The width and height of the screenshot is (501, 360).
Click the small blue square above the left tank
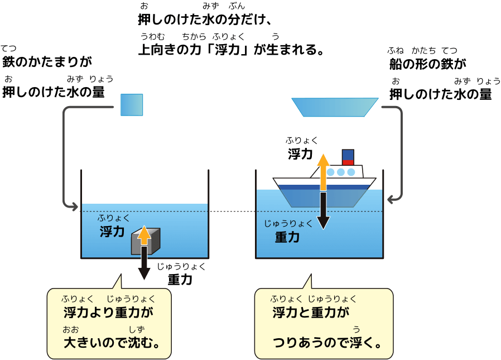pyautogui.click(x=132, y=104)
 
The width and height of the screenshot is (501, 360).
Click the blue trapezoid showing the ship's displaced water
pyautogui.click(x=335, y=107)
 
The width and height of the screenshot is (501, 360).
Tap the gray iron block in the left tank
pyautogui.click(x=146, y=241)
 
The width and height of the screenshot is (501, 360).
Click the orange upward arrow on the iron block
pyautogui.click(x=144, y=236)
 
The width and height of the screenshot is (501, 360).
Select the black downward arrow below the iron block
pyautogui.click(x=144, y=263)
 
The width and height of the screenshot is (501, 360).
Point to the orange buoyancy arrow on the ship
pyautogui.click(x=324, y=172)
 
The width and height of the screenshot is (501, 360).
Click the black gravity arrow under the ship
pyautogui.click(x=324, y=210)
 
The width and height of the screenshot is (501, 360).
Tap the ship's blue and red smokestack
pyautogui.click(x=348, y=157)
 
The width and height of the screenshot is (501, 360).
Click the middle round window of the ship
pyautogui.click(x=341, y=172)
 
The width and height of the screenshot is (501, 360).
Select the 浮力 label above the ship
pyautogui.click(x=300, y=154)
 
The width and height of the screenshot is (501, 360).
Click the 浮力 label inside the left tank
pyautogui.click(x=112, y=231)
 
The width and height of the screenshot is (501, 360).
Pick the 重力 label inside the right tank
pyautogui.click(x=287, y=237)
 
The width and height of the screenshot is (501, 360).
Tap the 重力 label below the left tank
pyautogui.click(x=180, y=280)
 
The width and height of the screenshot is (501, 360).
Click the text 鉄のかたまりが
pyautogui.click(x=47, y=61)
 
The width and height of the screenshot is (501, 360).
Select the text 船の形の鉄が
pyautogui.click(x=428, y=64)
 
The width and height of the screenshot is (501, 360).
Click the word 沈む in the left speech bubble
pyautogui.click(x=141, y=343)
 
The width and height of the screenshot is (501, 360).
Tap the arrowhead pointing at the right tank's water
pyautogui.click(x=391, y=199)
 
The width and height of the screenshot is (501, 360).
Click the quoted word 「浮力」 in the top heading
pyautogui.click(x=227, y=50)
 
